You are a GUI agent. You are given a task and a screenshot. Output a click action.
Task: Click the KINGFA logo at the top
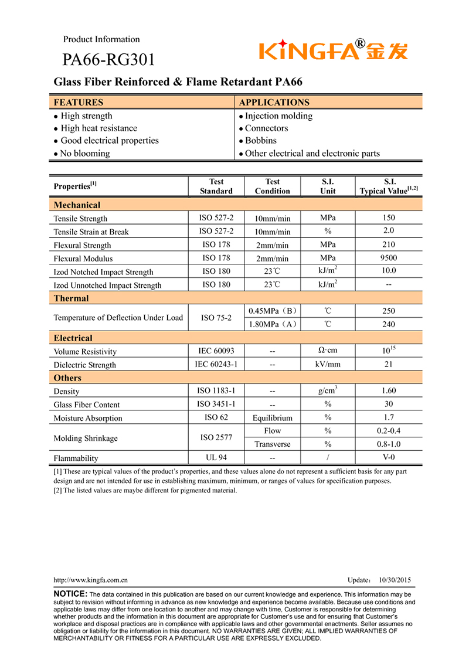tap(333, 50)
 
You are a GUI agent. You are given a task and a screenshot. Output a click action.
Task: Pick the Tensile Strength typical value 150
tap(389, 218)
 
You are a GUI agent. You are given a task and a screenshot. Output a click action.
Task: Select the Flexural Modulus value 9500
tap(389, 258)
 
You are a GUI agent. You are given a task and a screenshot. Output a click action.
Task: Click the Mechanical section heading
tap(77, 205)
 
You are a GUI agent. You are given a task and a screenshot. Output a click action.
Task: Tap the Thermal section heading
tap(71, 298)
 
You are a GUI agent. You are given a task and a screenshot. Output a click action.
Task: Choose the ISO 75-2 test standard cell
tap(216, 318)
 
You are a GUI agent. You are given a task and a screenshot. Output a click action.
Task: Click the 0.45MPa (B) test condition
tap(273, 311)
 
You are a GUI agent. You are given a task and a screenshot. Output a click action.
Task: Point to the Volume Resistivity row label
tap(85, 352)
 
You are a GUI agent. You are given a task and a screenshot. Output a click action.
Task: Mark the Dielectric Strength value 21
tap(389, 365)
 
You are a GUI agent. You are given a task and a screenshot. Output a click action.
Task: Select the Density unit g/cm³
tap(328, 390)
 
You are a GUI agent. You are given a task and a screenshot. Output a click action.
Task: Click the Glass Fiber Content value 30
tap(389, 404)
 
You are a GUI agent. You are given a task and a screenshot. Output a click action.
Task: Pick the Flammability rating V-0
tap(389, 458)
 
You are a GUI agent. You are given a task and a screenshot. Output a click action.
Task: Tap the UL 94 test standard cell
tap(216, 458)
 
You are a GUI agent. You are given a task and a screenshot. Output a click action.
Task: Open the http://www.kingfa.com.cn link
tap(91, 580)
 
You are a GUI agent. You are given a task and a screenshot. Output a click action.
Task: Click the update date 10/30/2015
tap(395, 580)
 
